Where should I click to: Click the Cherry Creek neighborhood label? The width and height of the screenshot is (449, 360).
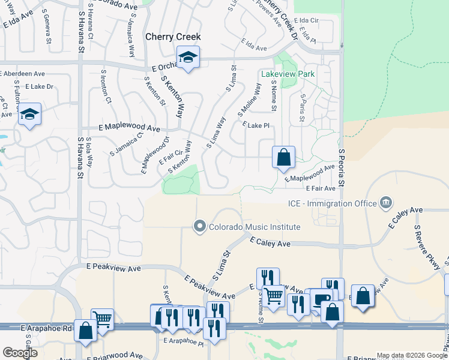coord(173,37)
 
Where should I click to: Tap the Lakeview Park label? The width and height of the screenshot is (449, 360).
coord(288,74)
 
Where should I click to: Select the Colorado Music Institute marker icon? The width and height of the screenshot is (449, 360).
coord(199,227)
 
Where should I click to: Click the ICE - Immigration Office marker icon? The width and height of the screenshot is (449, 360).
coord(386,203)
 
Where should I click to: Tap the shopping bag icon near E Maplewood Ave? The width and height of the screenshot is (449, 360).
coord(283,158)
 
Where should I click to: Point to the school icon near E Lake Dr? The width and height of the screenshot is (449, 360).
coord(29,115)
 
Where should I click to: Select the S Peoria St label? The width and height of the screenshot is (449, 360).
coord(343,167)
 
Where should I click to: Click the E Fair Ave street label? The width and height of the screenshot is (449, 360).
coord(320,188)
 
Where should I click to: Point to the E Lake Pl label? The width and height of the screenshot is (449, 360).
coord(255,125)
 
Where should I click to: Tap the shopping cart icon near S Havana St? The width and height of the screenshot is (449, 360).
coord(103,319)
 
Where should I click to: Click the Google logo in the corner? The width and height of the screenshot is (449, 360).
coord(20,353)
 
